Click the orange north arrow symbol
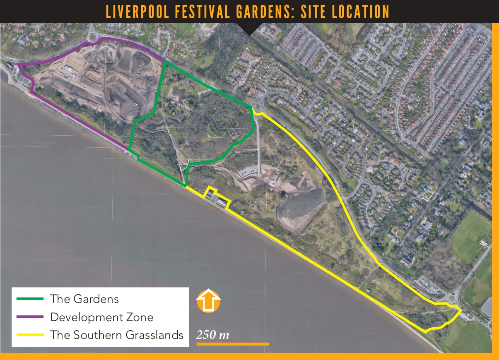(x=208, y=301)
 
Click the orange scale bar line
(x=232, y=343)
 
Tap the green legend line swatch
(x=30, y=298)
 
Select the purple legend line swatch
(x=30, y=317)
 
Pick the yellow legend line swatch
(x=30, y=334)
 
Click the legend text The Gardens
(x=84, y=298)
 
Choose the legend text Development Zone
(x=102, y=317)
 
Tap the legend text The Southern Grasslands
(x=117, y=334)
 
